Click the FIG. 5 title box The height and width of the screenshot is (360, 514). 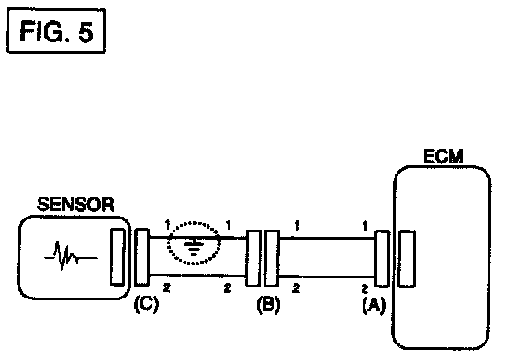pyautogui.click(x=56, y=31)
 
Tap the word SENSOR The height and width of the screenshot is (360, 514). pyautogui.click(x=75, y=204)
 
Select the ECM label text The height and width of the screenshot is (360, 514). pyautogui.click(x=443, y=156)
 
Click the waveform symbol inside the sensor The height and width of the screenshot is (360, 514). pyautogui.click(x=71, y=255)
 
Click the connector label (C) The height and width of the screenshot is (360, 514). pyautogui.click(x=146, y=304)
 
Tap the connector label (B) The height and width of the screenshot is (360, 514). pyautogui.click(x=268, y=304)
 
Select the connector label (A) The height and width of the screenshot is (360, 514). pyautogui.click(x=374, y=306)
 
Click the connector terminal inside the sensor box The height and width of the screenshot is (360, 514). pyautogui.click(x=117, y=256)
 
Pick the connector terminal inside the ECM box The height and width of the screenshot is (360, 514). pyautogui.click(x=407, y=259)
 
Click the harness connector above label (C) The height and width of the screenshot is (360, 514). pyautogui.click(x=141, y=257)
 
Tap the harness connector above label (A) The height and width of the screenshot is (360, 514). pyautogui.click(x=382, y=259)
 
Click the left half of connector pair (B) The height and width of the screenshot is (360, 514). pyautogui.click(x=253, y=258)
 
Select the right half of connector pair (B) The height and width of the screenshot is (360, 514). pyautogui.click(x=272, y=258)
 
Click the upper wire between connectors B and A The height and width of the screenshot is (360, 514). pyautogui.click(x=327, y=239)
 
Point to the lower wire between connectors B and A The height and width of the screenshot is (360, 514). pyautogui.click(x=327, y=277)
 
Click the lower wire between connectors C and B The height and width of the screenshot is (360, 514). pyautogui.click(x=197, y=276)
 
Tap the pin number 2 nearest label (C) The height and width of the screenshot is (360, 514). pyautogui.click(x=167, y=288)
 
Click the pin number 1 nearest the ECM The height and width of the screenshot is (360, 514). pyautogui.click(x=365, y=226)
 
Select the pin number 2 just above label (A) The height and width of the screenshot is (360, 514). pyautogui.click(x=364, y=289)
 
